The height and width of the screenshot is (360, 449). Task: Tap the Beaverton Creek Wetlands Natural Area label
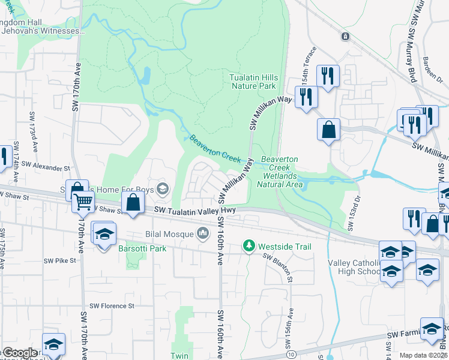pyautogui.click(x=280, y=172)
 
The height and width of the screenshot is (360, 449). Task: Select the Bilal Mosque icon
pyautogui.click(x=204, y=232)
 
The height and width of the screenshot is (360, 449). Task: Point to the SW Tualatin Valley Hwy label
pyautogui.click(x=195, y=210)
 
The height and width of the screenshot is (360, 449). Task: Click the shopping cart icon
pyautogui.click(x=83, y=202)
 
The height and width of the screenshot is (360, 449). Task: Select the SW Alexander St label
pyautogui.click(x=46, y=164)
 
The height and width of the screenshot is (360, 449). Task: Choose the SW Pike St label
pyautogui.click(x=60, y=260)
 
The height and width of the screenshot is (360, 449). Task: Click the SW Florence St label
pyautogui.click(x=112, y=305)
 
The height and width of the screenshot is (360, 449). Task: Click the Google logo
pyautogui.click(x=19, y=353)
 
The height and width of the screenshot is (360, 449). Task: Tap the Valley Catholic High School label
pyautogui.click(x=354, y=268)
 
